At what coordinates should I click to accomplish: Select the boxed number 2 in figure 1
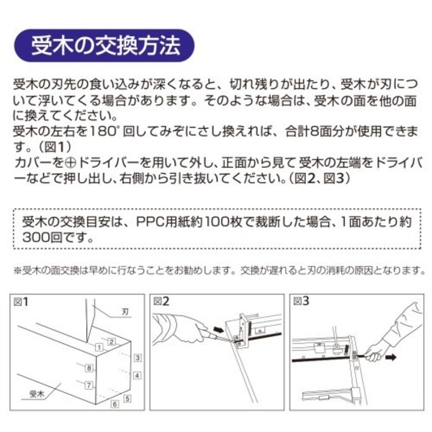click(112, 340)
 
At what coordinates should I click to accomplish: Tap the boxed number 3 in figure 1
click(136, 356)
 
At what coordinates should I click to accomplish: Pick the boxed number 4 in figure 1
click(136, 374)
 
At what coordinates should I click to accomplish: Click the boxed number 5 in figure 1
click(127, 397)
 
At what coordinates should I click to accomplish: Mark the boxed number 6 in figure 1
click(114, 405)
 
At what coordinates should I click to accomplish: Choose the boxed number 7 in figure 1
click(89, 385)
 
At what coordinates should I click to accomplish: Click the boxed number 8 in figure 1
click(89, 368)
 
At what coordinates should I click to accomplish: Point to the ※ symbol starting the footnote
click(18, 271)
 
